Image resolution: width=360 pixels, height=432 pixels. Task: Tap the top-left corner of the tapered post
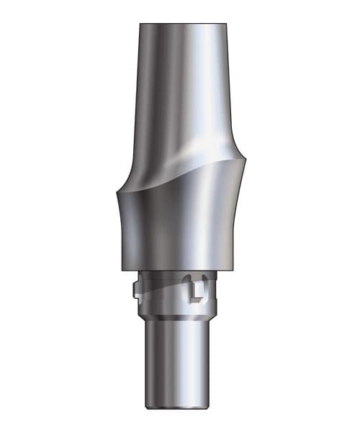coord(140,25)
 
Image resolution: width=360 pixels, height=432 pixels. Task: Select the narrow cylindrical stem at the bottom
coord(180,360)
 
